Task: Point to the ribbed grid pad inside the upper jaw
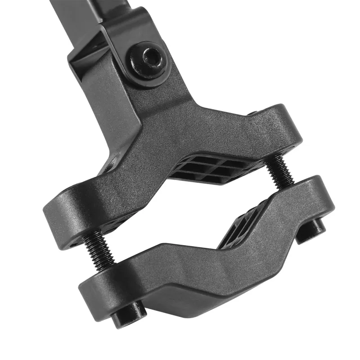click(x=211, y=169)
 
